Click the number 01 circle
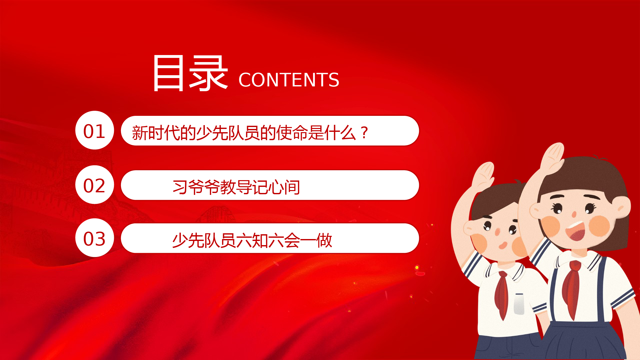(95, 130)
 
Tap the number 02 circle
(95, 185)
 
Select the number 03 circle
(95, 238)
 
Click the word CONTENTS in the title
(289, 80)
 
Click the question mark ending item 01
(364, 133)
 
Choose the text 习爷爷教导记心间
(236, 187)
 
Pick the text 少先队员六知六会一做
(252, 240)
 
